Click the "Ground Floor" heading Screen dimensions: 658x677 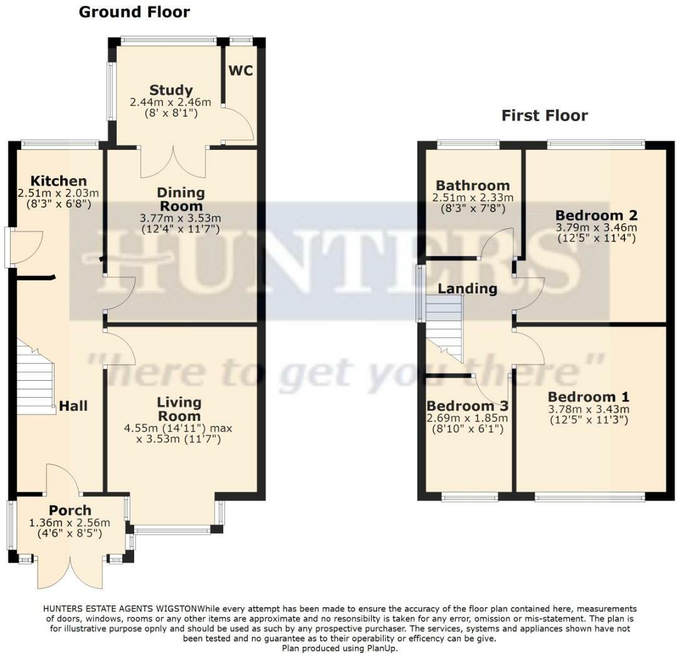click(x=134, y=12)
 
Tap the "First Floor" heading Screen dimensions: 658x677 click(x=544, y=115)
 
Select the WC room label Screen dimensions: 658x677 click(x=241, y=70)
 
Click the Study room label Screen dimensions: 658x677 click(x=171, y=90)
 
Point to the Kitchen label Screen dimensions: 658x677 click(x=59, y=181)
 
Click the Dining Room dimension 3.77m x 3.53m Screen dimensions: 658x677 click(x=181, y=218)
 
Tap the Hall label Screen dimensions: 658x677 click(x=73, y=406)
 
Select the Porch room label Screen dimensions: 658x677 click(x=70, y=511)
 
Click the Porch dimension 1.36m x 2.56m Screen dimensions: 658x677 click(x=70, y=523)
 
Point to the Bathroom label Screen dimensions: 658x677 click(x=473, y=186)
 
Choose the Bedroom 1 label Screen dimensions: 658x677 click(x=589, y=397)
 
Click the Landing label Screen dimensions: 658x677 click(x=467, y=289)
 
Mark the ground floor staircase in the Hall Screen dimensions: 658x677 click(x=35, y=380)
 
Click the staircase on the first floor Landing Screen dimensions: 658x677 click(x=444, y=327)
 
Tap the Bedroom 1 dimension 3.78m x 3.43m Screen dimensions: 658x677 click(x=589, y=410)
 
